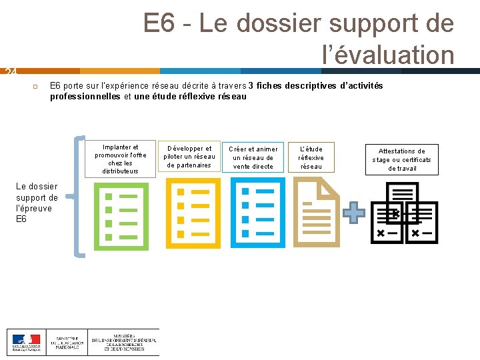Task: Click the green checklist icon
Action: click(121, 214)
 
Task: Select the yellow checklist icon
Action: click(192, 214)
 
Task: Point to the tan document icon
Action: click(317, 214)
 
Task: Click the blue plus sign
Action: click(354, 213)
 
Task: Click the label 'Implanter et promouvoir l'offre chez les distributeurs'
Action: click(121, 159)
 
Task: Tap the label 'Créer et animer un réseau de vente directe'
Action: click(253, 157)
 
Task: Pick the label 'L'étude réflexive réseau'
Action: click(311, 157)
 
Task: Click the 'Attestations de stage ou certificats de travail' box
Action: click(401, 160)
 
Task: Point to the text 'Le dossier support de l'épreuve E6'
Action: click(37, 203)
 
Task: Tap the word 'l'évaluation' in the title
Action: click(388, 55)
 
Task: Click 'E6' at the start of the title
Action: click(159, 24)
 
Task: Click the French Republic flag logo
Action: click(26, 342)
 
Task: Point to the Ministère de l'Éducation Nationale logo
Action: click(67, 342)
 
